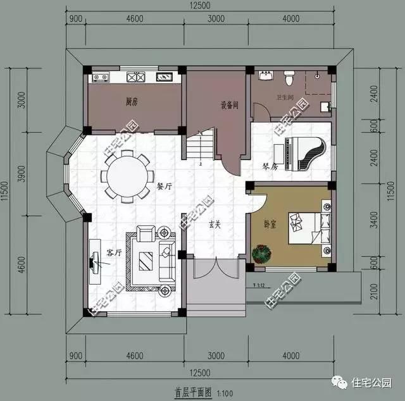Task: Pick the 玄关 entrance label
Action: click(x=215, y=223)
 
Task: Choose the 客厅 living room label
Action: click(x=114, y=252)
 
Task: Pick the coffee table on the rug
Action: click(x=146, y=261)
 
